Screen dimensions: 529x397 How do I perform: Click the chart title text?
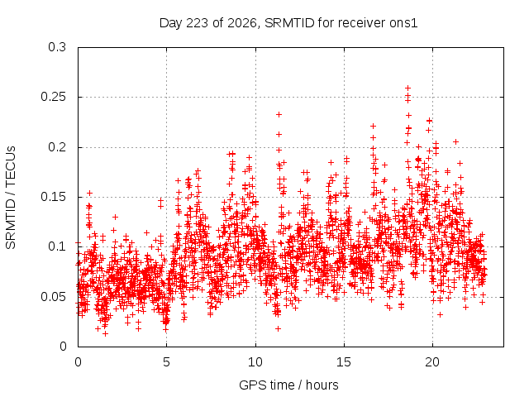[x=288, y=23]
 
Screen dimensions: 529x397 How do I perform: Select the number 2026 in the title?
[x=241, y=23]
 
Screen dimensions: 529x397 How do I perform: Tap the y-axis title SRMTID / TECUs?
[x=11, y=198]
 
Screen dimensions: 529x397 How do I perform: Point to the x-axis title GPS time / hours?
[x=288, y=385]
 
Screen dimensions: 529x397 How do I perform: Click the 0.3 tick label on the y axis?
[x=57, y=47]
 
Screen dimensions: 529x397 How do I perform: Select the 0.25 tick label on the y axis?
[x=53, y=97]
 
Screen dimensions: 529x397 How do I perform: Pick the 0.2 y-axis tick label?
[x=57, y=147]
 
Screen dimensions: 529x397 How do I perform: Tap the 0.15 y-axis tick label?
[x=53, y=197]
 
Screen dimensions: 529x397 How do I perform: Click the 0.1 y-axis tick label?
[x=57, y=246]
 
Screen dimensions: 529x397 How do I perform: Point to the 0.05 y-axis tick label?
[x=53, y=297]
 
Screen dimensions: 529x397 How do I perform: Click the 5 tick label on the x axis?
[x=166, y=362]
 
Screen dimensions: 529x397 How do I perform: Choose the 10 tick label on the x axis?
[x=255, y=362]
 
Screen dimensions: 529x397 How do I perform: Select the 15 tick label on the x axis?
[x=344, y=362]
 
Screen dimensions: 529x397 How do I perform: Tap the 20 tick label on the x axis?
[x=432, y=362]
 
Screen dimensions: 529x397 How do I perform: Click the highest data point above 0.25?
[x=407, y=88]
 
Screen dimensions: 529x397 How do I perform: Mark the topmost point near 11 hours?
[x=279, y=114]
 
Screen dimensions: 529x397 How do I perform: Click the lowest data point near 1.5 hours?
[x=106, y=333]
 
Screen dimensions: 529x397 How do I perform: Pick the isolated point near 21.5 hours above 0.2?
[x=455, y=141]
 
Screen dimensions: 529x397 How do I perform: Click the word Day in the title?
[x=171, y=24]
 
